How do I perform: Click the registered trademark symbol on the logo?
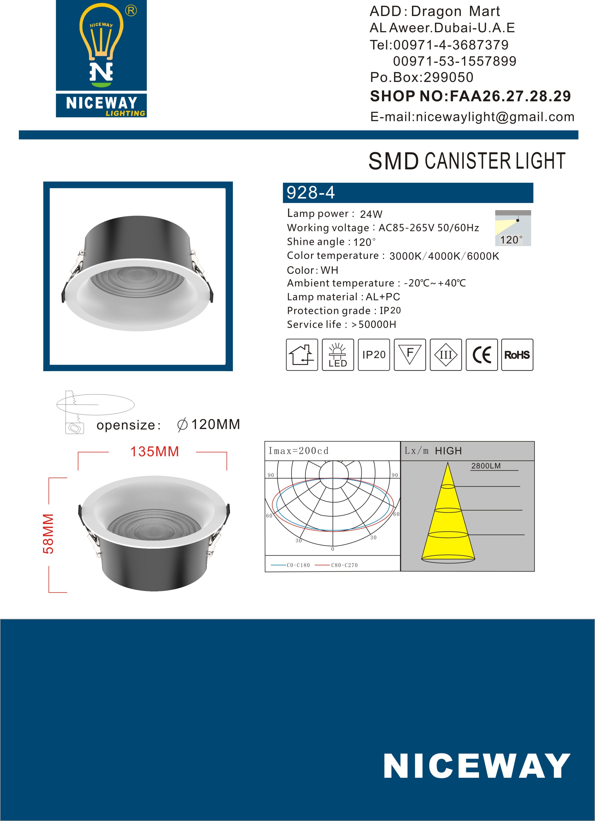[x=131, y=11]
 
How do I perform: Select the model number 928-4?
[x=311, y=193]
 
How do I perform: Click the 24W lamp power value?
[x=371, y=214]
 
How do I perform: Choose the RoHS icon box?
[x=517, y=355]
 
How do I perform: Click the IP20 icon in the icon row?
[x=374, y=355]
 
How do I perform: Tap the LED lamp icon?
[x=338, y=355]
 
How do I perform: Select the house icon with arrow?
[x=302, y=355]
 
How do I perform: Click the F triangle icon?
[x=410, y=355]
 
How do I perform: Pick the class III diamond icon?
[x=445, y=355]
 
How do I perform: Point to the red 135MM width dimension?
[x=155, y=452]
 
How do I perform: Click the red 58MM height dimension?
[x=48, y=534]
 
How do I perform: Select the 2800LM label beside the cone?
[x=486, y=466]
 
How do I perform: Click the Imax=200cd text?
[x=298, y=451]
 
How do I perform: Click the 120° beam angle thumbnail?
[x=513, y=228]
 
